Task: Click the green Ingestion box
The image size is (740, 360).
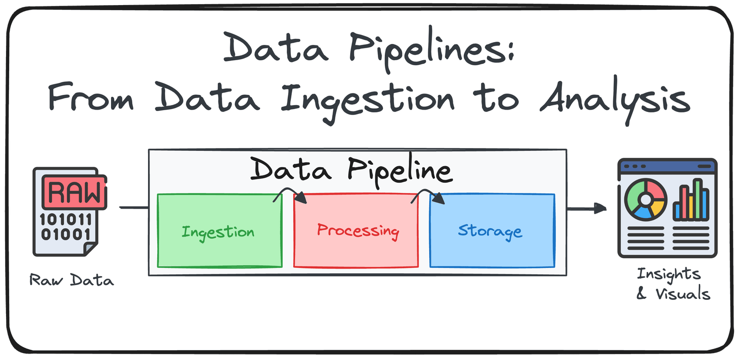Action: click(220, 250)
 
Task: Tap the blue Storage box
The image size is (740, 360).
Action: click(492, 252)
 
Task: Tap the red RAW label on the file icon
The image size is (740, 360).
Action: click(74, 192)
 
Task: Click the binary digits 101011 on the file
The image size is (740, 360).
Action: click(66, 219)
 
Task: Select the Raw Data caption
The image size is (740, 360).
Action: click(72, 280)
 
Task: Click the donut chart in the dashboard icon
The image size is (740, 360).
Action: click(646, 199)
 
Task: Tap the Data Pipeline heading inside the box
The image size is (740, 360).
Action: click(351, 170)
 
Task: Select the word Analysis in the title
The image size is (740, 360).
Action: click(615, 99)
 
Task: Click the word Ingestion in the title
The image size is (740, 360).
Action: click(368, 100)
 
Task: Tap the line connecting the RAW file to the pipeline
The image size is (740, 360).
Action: click(134, 208)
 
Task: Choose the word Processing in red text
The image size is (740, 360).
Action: click(358, 230)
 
